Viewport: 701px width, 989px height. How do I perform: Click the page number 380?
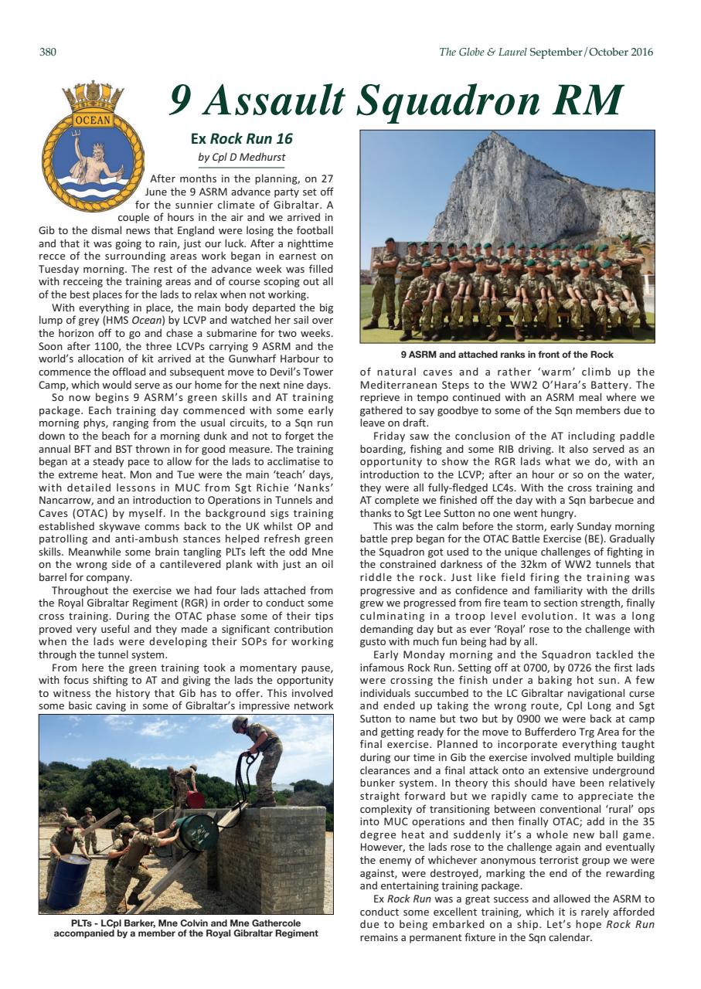[x=47, y=53]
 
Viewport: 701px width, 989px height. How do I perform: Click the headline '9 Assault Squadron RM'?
[x=396, y=100]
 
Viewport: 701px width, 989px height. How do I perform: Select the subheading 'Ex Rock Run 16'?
[x=241, y=139]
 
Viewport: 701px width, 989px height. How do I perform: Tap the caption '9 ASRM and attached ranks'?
[x=506, y=355]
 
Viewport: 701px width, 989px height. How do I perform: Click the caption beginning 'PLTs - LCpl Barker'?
[x=185, y=928]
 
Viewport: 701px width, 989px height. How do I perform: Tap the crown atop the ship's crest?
[x=93, y=95]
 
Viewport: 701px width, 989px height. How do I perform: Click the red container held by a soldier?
[x=194, y=800]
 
